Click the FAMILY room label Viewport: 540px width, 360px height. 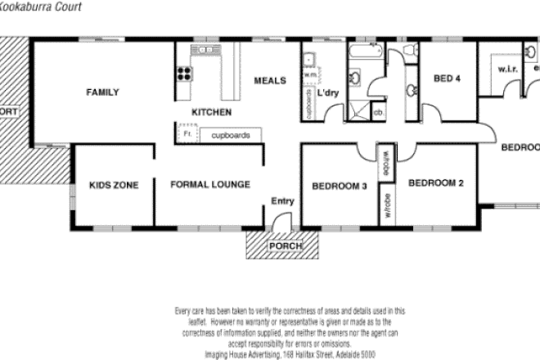coord(103,92)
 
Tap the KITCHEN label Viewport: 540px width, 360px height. coord(211,112)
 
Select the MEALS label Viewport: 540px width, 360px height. coord(270,80)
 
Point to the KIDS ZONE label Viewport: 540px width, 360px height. coord(113,185)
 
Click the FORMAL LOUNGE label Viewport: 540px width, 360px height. coord(210,185)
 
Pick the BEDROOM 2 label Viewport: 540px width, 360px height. coord(436,182)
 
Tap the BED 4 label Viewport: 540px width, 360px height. coord(447,79)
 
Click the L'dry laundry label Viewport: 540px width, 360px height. coord(327,93)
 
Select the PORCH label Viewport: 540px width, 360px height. coord(286,245)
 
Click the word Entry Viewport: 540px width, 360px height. coord(282,200)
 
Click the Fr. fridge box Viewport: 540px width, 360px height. coord(187,133)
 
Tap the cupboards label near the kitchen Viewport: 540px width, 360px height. coord(230,134)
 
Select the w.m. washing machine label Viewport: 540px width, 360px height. coord(309,75)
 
